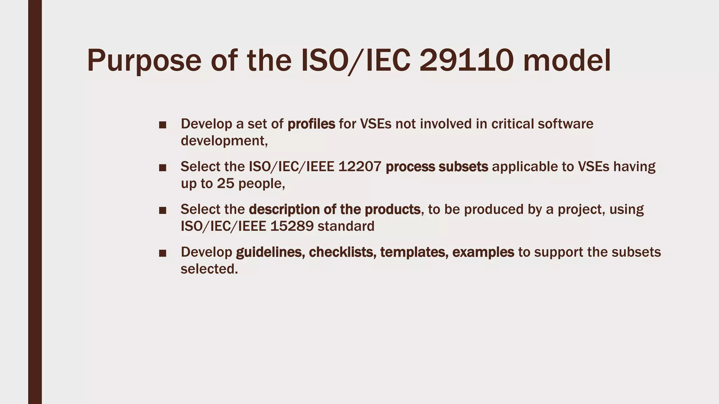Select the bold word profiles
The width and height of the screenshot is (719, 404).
[x=311, y=124]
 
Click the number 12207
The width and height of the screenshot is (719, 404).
[x=360, y=167]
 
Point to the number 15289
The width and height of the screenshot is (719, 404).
[x=292, y=226]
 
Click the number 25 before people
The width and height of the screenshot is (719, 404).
[x=225, y=183]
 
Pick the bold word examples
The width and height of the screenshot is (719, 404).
[x=483, y=252]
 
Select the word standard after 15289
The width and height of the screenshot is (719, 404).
[x=346, y=226]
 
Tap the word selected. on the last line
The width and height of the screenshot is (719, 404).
[x=209, y=269]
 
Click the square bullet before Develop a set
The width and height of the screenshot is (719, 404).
[x=163, y=125]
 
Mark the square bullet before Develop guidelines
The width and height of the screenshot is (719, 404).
[x=163, y=253]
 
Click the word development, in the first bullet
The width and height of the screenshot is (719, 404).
[x=224, y=141]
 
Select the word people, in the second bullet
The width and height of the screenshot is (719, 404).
[x=262, y=183]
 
